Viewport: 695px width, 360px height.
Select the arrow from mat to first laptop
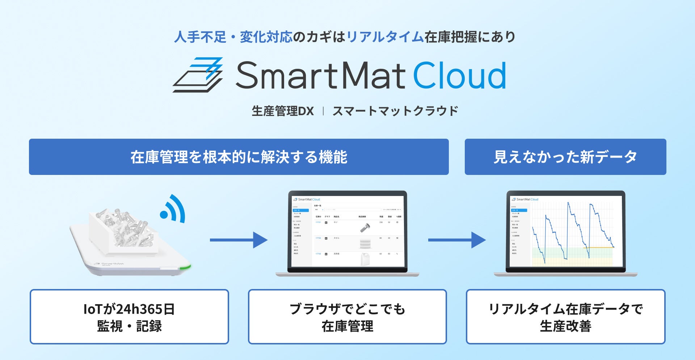pos(238,240)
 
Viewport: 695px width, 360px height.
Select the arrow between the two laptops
pos(456,240)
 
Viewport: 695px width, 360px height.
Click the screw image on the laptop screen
pos(365,227)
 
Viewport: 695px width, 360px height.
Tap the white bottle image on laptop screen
pos(365,259)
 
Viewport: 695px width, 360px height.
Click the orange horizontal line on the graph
pos(600,247)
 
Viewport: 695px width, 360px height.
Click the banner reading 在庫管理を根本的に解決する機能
pos(239,157)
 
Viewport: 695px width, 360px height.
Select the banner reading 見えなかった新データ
pos(565,157)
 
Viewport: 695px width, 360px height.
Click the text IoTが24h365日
pos(129,309)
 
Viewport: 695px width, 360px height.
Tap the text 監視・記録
pos(129,326)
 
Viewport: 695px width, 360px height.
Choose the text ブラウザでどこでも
pos(347,309)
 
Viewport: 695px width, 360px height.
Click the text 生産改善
pos(565,326)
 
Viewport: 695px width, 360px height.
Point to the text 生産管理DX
pos(283,111)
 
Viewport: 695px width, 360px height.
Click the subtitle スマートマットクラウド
pos(395,111)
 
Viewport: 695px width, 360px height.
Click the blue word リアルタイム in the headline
pos(385,37)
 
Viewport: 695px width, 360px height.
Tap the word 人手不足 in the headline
pos(200,37)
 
